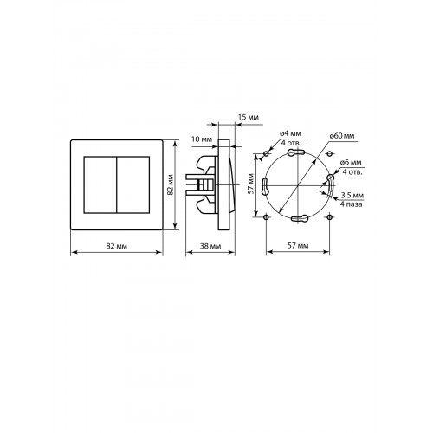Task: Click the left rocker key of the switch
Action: coord(100,185)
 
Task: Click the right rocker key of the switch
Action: coord(133,185)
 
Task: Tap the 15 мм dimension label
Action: coord(249,117)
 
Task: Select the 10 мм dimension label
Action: coord(202,139)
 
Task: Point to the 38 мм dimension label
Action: coord(210,246)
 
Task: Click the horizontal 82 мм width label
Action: coord(117,246)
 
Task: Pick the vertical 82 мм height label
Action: coord(171,184)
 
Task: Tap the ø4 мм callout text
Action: coord(290,133)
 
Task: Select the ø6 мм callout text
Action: coord(351,163)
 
